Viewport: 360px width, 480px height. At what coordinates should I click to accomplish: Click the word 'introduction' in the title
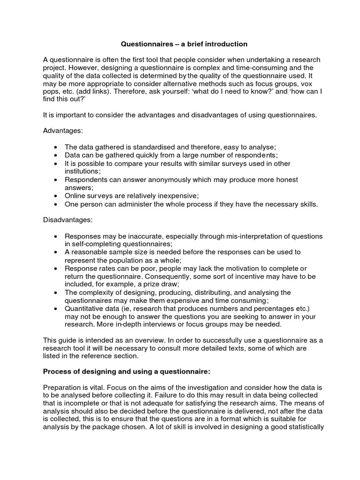pyautogui.click(x=224, y=44)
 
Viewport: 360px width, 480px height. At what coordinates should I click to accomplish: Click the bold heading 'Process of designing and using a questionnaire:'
pyautogui.click(x=127, y=372)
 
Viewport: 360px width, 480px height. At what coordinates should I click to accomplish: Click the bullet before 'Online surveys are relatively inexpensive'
pyautogui.click(x=56, y=196)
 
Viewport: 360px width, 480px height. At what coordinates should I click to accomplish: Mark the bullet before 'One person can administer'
pyautogui.click(x=56, y=204)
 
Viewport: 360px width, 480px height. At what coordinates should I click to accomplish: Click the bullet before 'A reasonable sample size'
pyautogui.click(x=56, y=252)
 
